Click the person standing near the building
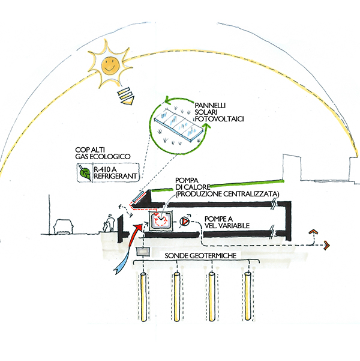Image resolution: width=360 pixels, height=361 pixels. point(107,225)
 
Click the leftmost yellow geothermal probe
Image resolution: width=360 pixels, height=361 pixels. point(144,297)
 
